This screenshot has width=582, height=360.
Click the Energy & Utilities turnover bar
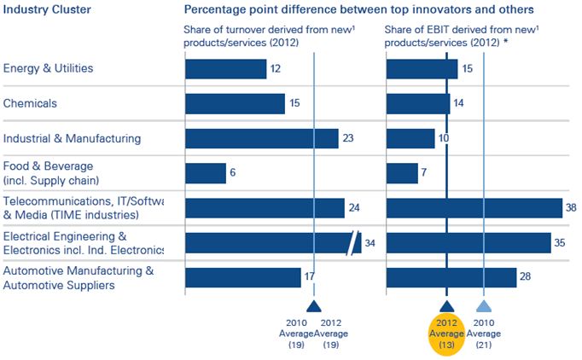coord(226,68)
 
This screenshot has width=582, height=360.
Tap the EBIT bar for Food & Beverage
coord(402,173)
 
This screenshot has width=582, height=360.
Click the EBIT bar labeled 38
coord(474,208)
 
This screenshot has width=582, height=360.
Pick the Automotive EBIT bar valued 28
coord(451,278)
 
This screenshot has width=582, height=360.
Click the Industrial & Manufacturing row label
coord(73,138)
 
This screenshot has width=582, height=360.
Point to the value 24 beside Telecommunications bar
coord(355,208)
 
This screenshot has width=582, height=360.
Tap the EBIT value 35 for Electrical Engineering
coord(561,243)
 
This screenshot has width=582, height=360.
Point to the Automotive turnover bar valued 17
coord(243,278)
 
